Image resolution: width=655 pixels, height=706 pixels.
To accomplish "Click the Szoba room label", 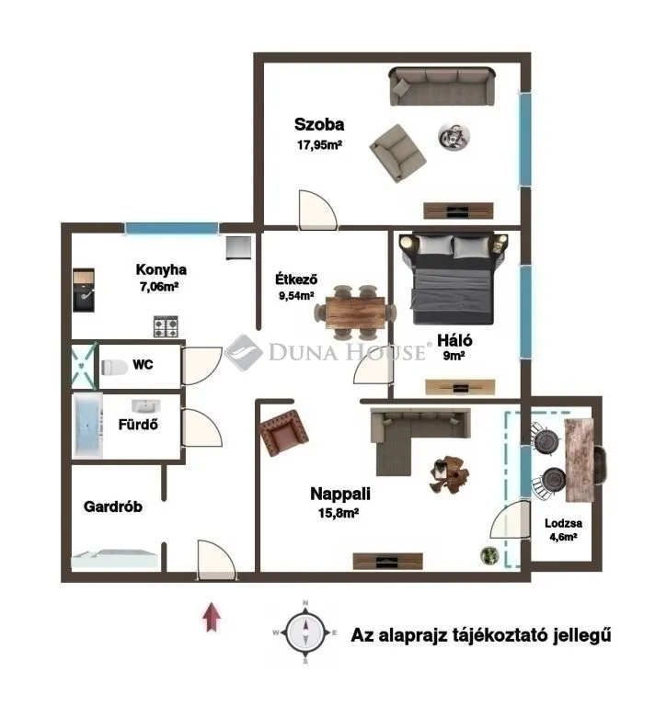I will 319,124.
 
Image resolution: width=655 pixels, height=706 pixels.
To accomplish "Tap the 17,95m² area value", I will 318,144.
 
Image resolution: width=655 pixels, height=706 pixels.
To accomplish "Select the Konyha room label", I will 161,269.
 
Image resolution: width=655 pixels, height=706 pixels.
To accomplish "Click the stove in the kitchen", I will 166,325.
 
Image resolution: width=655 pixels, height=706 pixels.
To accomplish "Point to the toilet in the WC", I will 114,366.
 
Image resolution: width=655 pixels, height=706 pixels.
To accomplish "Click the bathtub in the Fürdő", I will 88,426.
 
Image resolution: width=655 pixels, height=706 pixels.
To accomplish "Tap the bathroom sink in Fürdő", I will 146,406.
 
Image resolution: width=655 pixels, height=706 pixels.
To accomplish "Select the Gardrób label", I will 112,506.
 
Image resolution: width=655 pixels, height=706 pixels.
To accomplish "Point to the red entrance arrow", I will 212,615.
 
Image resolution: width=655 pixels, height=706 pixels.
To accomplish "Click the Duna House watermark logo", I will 244,351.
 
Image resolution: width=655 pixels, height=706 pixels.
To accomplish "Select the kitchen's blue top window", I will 171,228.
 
